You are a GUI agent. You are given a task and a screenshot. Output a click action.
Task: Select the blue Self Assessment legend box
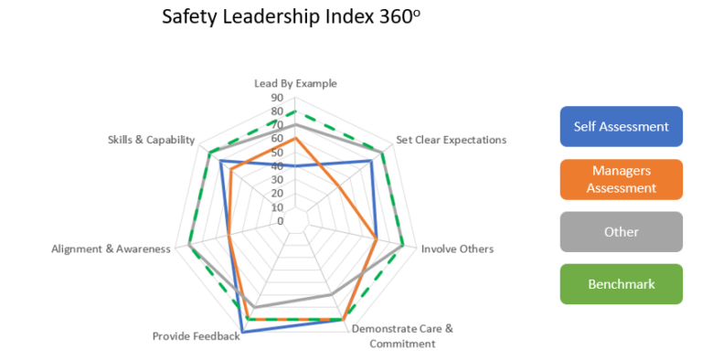[621, 127]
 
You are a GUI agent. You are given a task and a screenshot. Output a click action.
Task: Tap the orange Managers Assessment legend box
[621, 179]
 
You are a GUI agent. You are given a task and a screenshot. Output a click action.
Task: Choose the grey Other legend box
[621, 232]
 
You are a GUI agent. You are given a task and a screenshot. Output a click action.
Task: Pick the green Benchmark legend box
[621, 284]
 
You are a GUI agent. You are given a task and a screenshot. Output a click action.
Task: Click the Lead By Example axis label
[295, 83]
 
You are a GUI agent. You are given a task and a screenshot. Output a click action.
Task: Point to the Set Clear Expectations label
[451, 140]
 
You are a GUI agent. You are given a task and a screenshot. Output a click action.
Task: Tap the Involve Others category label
[457, 249]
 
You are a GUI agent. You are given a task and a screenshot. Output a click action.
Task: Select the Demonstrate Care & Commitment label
[402, 335]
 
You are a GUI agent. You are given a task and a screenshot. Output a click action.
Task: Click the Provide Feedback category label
[196, 336]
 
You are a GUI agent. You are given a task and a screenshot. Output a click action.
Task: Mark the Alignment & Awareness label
[111, 249]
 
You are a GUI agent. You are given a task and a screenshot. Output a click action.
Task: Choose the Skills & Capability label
[151, 140]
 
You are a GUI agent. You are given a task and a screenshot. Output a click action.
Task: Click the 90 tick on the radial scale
[277, 97]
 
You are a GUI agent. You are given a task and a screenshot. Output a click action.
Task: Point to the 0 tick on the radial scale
[281, 221]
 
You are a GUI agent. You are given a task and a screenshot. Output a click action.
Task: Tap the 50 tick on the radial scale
[277, 152]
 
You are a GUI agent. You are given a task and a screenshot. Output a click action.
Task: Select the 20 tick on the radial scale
[277, 194]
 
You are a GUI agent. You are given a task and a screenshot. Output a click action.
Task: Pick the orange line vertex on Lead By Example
[295, 138]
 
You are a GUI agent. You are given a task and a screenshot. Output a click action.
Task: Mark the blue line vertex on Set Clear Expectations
[371, 161]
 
